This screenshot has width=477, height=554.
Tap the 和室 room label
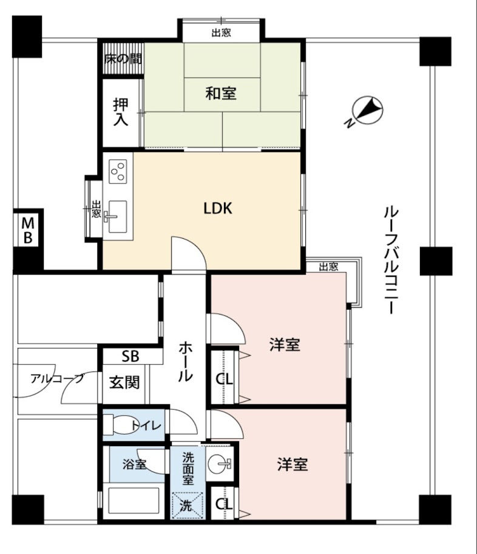coord(220,93)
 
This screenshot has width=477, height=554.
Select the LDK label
coord(217,209)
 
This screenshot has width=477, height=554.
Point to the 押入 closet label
coord(121,112)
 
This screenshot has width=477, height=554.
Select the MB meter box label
coord(27,230)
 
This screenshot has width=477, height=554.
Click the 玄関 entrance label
coord(124,382)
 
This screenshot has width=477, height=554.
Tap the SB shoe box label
coord(130,356)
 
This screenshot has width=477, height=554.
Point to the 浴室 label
coord(134,466)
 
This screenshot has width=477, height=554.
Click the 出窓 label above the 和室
coord(221,33)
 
